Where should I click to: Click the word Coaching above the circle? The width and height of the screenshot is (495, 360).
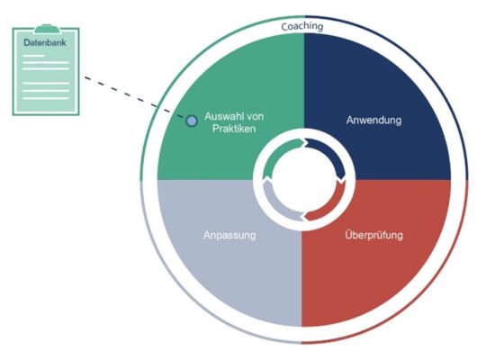(302, 27)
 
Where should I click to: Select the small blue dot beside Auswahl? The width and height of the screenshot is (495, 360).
(191, 120)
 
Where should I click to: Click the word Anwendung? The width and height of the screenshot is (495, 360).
(373, 120)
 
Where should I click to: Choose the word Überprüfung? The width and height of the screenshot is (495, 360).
(374, 236)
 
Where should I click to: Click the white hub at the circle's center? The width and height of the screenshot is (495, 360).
(303, 179)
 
